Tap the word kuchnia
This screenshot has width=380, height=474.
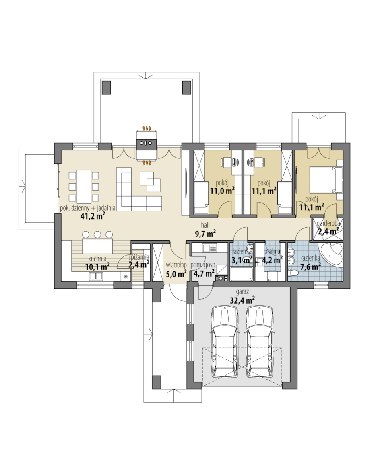tap(97, 259)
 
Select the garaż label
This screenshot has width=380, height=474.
tap(243, 292)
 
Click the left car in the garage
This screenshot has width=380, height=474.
tap(225, 341)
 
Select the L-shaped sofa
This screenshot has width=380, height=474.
tap(139, 191)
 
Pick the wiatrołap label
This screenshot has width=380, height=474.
tap(176, 265)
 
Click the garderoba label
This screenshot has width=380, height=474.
tap(328, 224)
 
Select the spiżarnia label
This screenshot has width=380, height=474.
tap(139, 257)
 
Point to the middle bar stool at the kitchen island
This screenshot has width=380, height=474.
tap(97, 234)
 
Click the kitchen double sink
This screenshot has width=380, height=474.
tap(96, 276)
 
